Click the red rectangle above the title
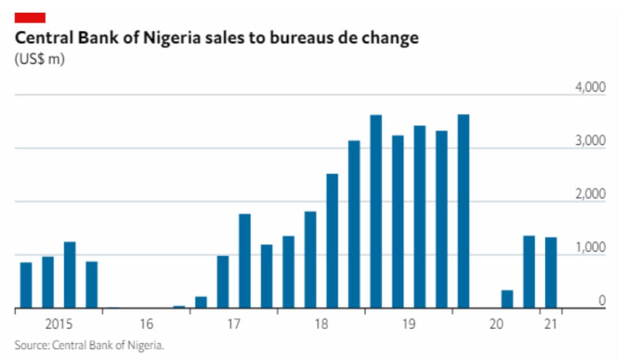pyautogui.click(x=30, y=17)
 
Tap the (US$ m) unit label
pyautogui.click(x=39, y=60)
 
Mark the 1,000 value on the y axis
pyautogui.click(x=590, y=247)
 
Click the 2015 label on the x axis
pyautogui.click(x=59, y=324)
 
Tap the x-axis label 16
pyautogui.click(x=146, y=324)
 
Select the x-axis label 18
pyautogui.click(x=321, y=324)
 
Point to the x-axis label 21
pyautogui.click(x=551, y=324)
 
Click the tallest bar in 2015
pyautogui.click(x=70, y=275)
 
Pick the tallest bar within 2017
pyautogui.click(x=245, y=261)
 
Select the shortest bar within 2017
pyautogui.click(x=201, y=302)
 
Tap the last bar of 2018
pyautogui.click(x=354, y=224)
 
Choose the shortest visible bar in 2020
pyautogui.click(x=507, y=299)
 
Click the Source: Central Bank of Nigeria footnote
pyautogui.click(x=90, y=345)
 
